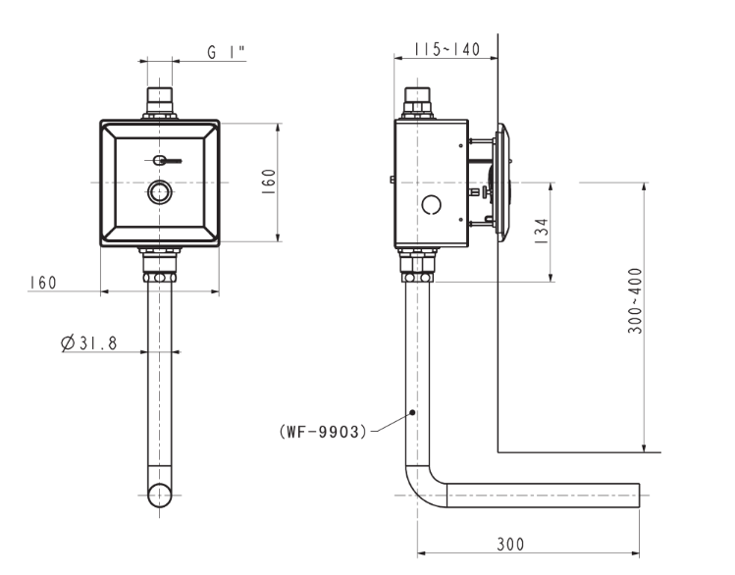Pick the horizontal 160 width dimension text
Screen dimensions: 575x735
point(41,282)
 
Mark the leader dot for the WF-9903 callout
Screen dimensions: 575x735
point(413,411)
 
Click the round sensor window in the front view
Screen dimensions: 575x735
point(159,192)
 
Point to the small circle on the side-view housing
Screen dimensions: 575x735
point(429,206)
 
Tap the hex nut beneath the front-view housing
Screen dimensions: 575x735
point(159,265)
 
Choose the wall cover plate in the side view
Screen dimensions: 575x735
point(504,183)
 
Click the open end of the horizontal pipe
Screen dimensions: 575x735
point(639,496)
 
